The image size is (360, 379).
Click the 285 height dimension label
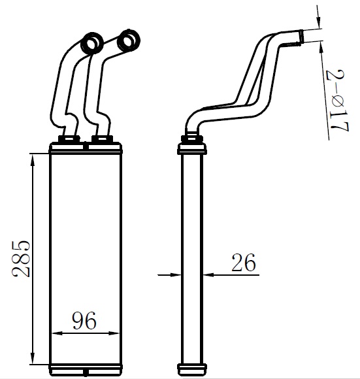[22, 258]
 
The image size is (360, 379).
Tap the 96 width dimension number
[84, 320]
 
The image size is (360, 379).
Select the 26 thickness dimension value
[244, 262]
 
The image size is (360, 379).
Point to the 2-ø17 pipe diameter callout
[337, 101]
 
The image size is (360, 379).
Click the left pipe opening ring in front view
[93, 44]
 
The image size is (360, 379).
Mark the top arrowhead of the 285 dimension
[33, 160]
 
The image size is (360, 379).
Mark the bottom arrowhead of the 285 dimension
[33, 358]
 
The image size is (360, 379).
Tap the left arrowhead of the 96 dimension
[58, 333]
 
